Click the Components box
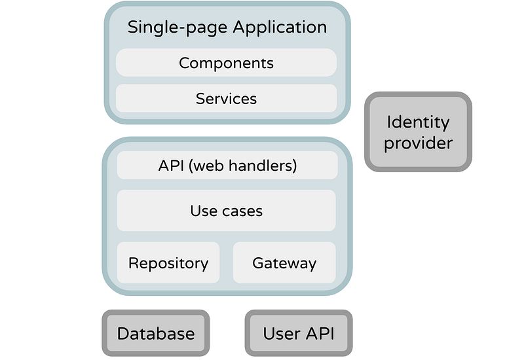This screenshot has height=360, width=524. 226,62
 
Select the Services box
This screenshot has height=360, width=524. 226,98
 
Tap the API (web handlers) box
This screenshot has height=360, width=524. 227,165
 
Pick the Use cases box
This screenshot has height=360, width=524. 226,210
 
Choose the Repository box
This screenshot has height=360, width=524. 168,262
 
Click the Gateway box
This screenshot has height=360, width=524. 284,262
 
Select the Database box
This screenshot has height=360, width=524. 156,333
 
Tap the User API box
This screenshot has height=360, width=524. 299,333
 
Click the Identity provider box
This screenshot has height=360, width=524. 418,132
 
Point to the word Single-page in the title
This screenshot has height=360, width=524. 178,27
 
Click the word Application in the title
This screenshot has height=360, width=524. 280,27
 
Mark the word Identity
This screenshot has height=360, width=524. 418,122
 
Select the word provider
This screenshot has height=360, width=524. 418,143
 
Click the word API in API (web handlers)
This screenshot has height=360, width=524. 171,166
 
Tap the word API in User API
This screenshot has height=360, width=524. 320,333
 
